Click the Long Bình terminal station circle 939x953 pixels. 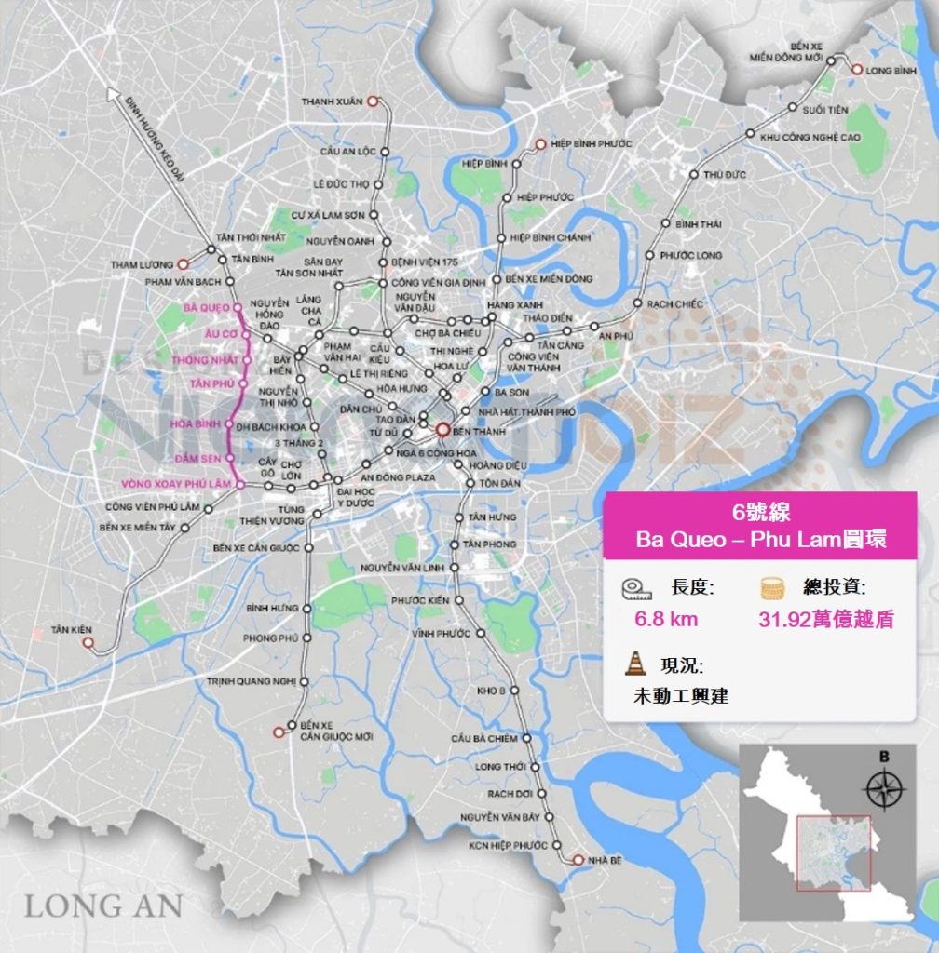856,67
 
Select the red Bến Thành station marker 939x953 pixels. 442,431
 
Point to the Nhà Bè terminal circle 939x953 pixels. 578,860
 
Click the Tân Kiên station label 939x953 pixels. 74,630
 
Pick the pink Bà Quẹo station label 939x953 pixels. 207,307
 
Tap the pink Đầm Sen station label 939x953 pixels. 196,458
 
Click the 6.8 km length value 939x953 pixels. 666,619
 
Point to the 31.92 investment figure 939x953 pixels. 824,620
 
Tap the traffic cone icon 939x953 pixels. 635,664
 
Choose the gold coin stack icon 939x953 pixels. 770,588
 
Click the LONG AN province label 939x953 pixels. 102,905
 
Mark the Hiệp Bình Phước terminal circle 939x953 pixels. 539,144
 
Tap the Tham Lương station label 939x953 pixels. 143,264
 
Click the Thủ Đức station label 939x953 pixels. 725,174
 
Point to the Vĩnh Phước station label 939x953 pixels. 442,634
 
